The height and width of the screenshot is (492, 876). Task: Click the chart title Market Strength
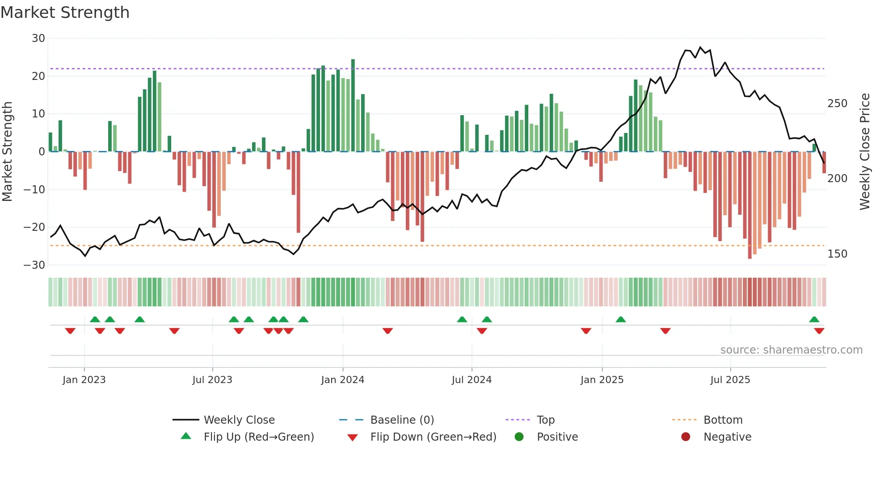(x=65, y=13)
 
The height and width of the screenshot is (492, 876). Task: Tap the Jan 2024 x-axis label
(x=342, y=380)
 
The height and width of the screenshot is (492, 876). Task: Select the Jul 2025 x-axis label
(x=730, y=380)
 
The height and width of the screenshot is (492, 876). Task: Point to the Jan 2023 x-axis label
(x=84, y=380)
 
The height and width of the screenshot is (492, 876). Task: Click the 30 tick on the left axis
(x=38, y=38)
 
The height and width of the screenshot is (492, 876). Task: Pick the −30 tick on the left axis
(x=34, y=265)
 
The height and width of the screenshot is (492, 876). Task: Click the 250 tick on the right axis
(x=837, y=104)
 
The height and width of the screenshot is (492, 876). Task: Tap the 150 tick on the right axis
(x=837, y=254)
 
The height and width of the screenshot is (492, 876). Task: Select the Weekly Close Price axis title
(x=865, y=152)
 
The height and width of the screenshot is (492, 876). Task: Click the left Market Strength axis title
(x=7, y=152)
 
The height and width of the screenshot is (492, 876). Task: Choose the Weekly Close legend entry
(x=239, y=420)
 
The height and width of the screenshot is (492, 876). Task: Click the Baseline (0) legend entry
(x=402, y=420)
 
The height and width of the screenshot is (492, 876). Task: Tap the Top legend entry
(x=545, y=420)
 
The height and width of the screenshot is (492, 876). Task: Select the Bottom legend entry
(x=723, y=420)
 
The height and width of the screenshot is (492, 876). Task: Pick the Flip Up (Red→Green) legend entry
(x=258, y=437)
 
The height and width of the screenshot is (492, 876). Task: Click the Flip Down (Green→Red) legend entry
(x=433, y=437)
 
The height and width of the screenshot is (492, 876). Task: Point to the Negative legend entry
(x=727, y=437)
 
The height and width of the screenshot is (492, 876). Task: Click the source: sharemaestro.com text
(x=791, y=350)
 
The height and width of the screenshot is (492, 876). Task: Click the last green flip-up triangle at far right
(x=814, y=320)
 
